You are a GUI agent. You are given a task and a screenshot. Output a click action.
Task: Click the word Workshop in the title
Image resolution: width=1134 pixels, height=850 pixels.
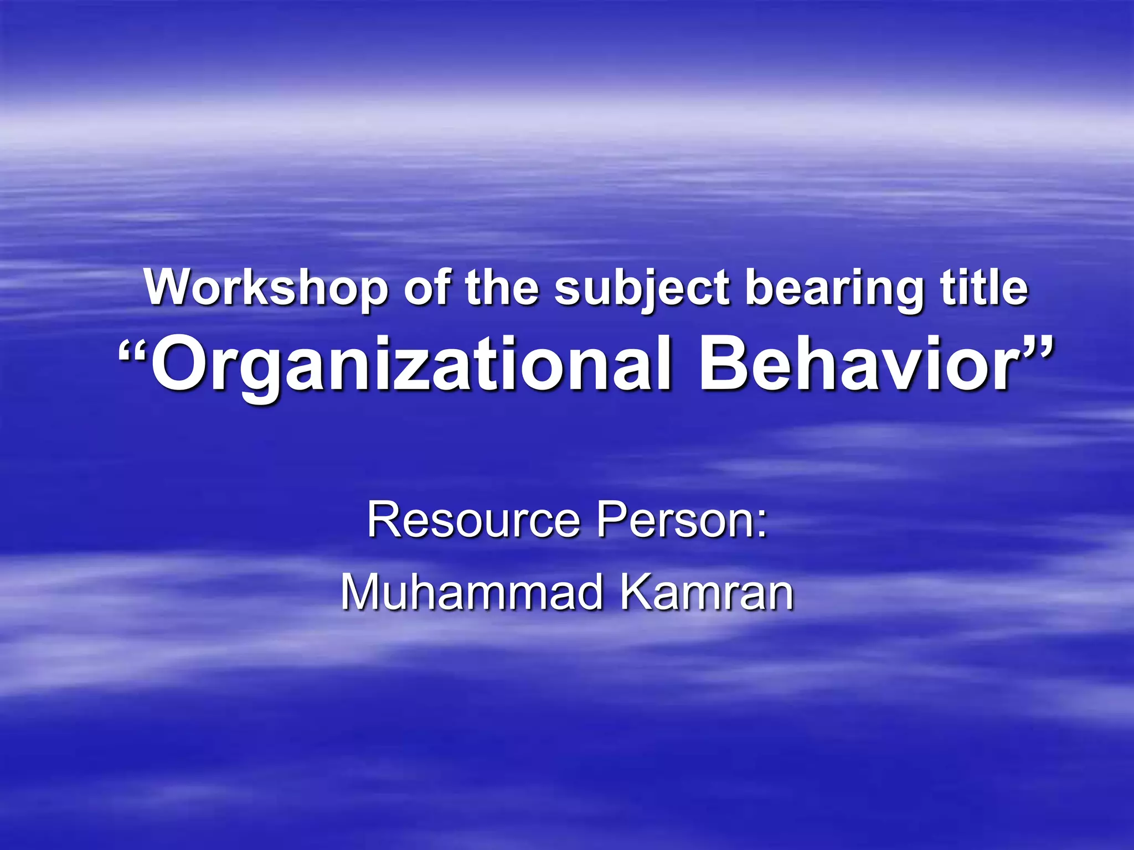[x=266, y=287]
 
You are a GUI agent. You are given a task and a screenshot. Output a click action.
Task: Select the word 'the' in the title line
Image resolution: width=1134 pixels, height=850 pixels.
[x=502, y=287]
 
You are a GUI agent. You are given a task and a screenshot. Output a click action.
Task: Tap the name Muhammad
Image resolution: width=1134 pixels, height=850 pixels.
[x=471, y=593]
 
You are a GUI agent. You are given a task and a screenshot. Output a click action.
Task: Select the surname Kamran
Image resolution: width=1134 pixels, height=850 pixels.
[x=707, y=593]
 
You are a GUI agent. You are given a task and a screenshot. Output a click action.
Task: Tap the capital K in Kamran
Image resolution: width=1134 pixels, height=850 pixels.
[x=637, y=592]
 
